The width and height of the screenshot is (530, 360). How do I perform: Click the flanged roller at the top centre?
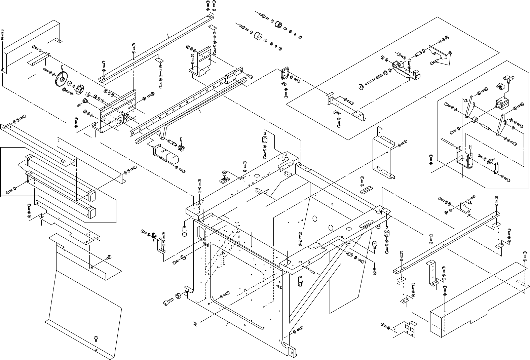point(278,25)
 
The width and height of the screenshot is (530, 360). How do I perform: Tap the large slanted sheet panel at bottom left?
point(84,296)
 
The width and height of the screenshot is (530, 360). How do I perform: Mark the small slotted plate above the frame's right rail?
point(365,191)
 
